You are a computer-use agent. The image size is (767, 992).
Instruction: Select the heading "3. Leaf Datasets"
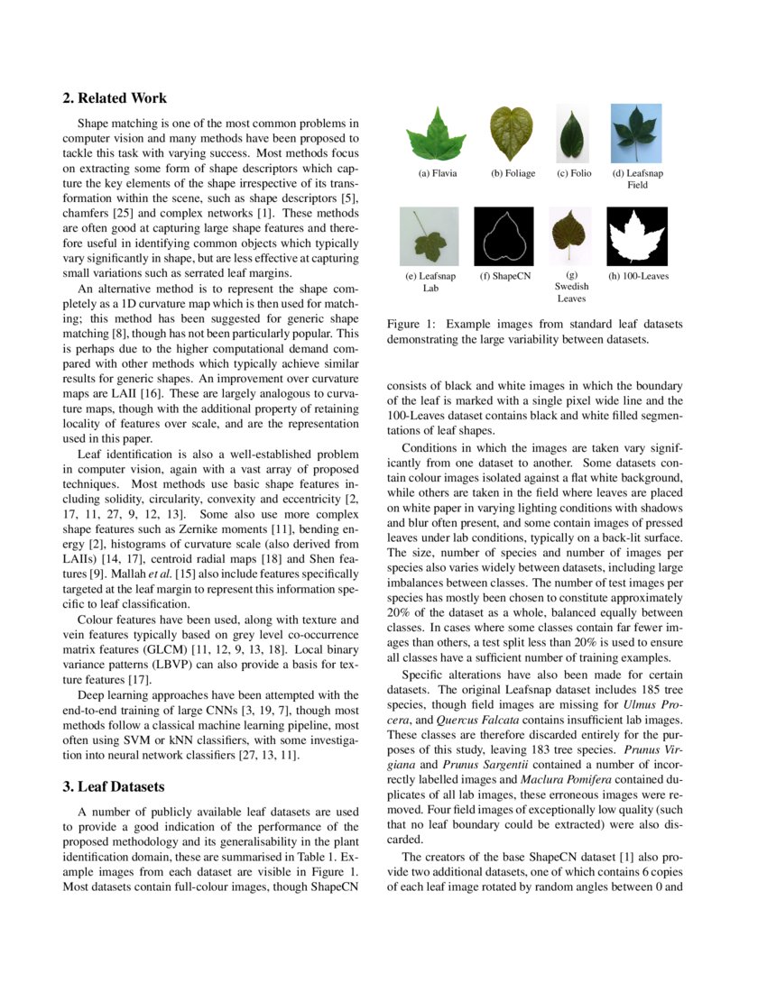[x=113, y=786]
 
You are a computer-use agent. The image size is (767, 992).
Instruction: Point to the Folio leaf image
[x=573, y=133]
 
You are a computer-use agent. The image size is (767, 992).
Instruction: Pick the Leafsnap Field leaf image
[x=636, y=133]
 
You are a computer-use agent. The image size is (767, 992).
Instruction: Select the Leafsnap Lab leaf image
[x=430, y=236]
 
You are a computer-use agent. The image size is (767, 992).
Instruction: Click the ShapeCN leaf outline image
[x=504, y=236]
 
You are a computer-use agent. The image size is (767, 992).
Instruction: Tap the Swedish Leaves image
[x=570, y=235]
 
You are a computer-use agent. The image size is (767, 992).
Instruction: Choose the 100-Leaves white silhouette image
[x=637, y=236]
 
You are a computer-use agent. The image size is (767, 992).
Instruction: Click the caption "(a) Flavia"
[x=438, y=173]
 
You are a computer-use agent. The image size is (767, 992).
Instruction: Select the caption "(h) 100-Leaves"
[x=638, y=276]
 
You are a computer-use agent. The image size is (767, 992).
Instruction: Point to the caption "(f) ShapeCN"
[x=504, y=276]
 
